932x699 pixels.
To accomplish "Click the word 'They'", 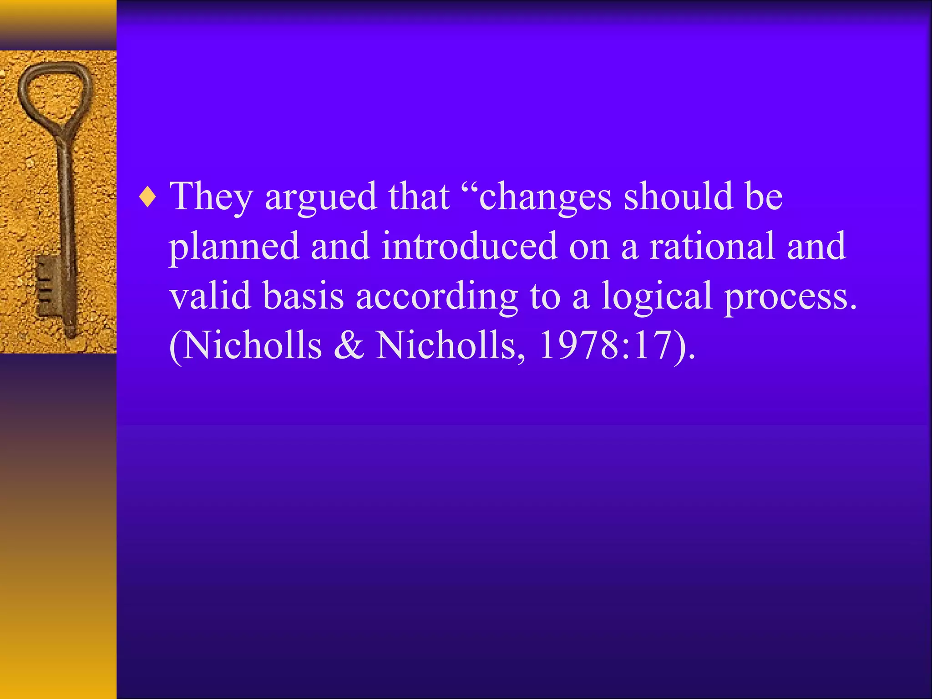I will click(x=211, y=197).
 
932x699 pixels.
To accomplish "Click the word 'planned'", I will click(x=234, y=247).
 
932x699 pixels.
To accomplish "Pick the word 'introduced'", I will click(x=470, y=246).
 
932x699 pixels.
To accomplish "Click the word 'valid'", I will click(x=210, y=295).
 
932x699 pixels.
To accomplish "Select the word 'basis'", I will click(x=303, y=295).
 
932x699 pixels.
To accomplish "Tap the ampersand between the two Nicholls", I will click(x=349, y=345).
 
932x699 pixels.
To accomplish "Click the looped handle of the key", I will click(x=55, y=91).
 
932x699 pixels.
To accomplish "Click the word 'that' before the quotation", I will click(x=419, y=197).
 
